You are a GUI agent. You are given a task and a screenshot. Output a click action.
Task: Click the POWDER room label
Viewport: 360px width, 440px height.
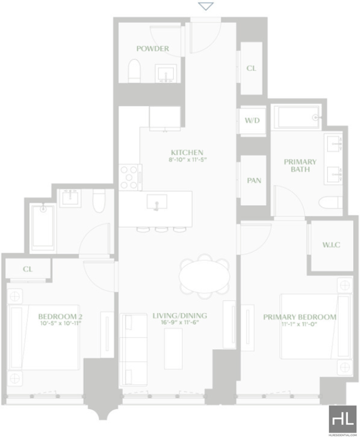click(153, 49)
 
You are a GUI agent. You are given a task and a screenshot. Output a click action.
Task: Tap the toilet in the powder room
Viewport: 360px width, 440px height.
click(134, 71)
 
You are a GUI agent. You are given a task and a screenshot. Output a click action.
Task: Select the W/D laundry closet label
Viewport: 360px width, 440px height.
click(252, 121)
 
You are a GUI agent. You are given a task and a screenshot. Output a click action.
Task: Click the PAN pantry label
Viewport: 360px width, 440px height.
click(254, 180)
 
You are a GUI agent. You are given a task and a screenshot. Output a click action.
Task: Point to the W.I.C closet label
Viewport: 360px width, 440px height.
click(331, 245)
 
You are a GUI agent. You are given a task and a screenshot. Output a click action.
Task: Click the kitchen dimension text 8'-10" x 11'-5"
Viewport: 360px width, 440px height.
click(188, 160)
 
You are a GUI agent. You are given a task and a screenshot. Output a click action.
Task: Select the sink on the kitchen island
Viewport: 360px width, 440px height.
click(157, 202)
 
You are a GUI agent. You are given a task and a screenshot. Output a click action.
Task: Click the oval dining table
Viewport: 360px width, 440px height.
click(204, 276)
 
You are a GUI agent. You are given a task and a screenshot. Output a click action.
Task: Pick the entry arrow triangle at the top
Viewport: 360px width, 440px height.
click(206, 6)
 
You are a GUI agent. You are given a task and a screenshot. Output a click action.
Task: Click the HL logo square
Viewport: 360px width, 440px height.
click(342, 419)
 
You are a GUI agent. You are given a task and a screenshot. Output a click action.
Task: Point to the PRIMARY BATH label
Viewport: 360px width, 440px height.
click(300, 166)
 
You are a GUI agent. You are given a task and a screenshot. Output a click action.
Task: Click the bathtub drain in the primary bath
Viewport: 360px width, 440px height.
click(315, 117)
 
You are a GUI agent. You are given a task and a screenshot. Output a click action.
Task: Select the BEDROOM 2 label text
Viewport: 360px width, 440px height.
click(60, 317)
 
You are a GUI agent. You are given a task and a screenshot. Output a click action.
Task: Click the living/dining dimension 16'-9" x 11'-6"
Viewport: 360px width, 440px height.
click(180, 323)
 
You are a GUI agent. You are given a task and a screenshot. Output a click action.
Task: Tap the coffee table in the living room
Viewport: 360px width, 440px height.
click(173, 349)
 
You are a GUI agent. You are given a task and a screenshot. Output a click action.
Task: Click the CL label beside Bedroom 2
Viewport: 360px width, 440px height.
click(27, 269)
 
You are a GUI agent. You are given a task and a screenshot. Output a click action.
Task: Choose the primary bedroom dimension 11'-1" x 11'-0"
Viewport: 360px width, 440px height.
click(299, 324)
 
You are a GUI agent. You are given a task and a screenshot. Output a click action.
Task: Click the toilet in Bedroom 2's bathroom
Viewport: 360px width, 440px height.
click(99, 201)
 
